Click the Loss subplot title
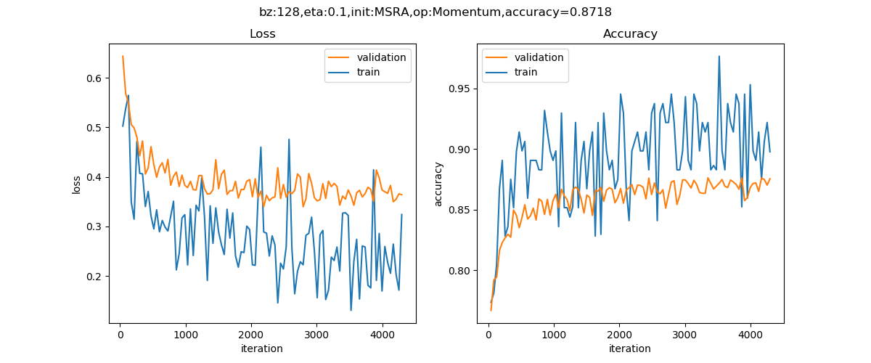(262, 34)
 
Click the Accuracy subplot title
(630, 34)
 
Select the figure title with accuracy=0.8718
(435, 12)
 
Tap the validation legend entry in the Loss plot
(381, 57)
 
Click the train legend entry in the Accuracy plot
(526, 72)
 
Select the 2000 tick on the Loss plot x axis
(251, 334)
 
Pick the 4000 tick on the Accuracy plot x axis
(751, 334)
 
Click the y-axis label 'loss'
(76, 184)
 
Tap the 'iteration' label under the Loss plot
(262, 348)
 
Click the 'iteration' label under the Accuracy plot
(630, 348)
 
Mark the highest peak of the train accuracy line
(719, 56)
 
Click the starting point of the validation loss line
(123, 56)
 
